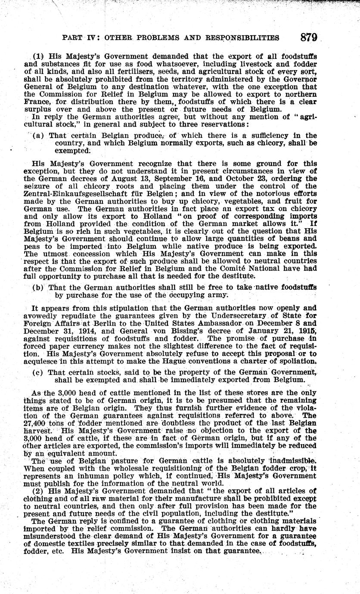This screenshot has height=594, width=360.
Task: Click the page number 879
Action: (309, 37)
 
